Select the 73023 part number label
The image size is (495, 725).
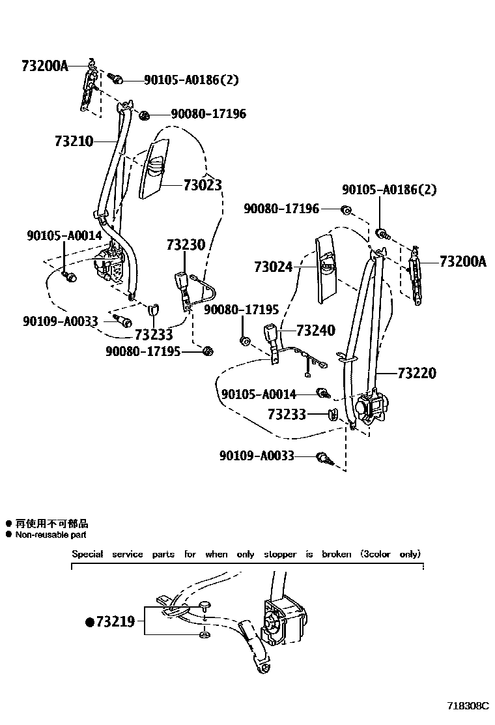203,185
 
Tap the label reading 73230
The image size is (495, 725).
185,245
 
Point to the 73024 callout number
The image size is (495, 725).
274,267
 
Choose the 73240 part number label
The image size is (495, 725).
315,331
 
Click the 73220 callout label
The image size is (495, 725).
416,374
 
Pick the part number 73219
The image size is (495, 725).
115,621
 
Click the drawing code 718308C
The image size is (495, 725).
467,705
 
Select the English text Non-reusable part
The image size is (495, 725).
51,535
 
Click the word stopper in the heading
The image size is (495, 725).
279,554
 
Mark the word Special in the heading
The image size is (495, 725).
87,554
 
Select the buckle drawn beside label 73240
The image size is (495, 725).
272,335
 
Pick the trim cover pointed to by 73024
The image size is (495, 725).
326,267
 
